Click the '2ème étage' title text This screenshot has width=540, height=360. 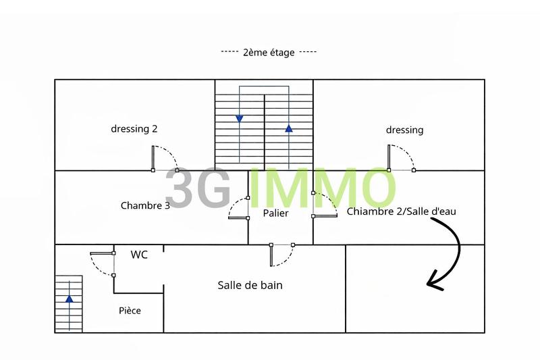pos(269,52)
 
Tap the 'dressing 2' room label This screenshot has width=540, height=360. pos(134,129)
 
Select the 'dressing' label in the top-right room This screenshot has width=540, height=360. pos(404,130)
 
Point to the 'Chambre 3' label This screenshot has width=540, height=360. pos(145,205)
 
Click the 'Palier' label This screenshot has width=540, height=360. pos(276,213)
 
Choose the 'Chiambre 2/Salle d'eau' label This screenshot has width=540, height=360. pos(402,211)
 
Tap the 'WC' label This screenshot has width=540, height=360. pos(139,255)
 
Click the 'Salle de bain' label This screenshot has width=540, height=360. pos(250,285)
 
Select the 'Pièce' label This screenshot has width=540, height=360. pos(130,310)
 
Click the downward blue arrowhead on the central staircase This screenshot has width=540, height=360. pos(240,119)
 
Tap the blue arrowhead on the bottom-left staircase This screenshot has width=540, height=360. pos(69,298)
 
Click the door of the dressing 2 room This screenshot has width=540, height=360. pos(153,158)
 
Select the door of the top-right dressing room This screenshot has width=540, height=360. pos(389,158)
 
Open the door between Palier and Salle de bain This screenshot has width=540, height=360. pos(271,255)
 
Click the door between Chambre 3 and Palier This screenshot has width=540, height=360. pos(238,217)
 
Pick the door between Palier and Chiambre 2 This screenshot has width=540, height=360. pos(325,216)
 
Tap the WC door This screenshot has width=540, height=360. pos(102,253)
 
